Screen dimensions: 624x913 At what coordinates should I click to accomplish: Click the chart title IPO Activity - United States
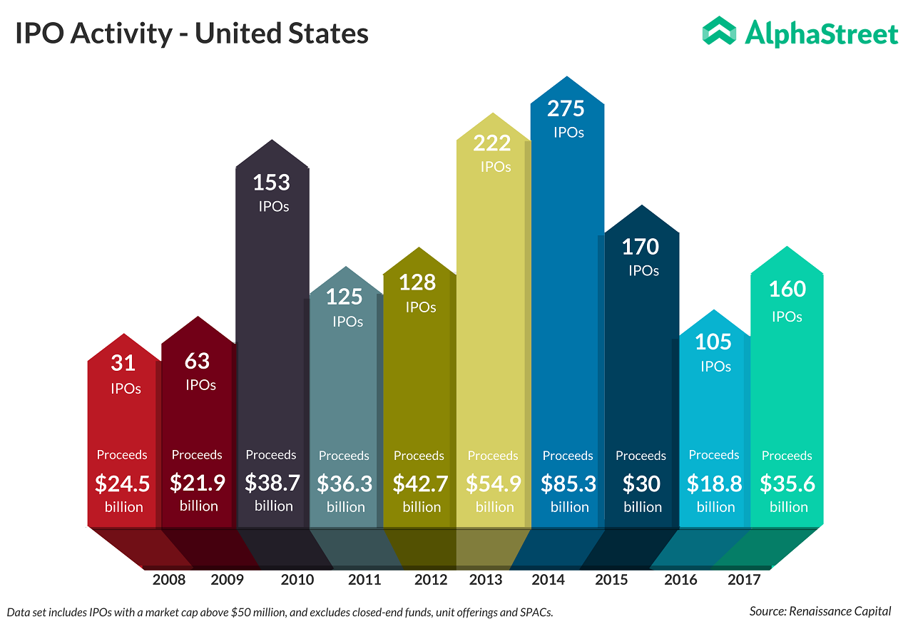192,34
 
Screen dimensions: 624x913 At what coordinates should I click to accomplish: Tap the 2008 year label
169,579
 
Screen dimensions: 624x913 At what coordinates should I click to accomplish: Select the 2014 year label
549,579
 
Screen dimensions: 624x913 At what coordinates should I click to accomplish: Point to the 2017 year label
744,579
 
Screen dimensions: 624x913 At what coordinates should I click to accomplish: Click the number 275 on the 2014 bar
566,108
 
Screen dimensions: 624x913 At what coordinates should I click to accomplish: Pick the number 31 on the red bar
123,363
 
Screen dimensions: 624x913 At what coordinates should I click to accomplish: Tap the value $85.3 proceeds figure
568,484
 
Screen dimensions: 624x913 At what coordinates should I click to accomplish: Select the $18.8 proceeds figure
715,484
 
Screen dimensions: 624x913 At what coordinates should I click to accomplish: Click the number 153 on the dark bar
272,183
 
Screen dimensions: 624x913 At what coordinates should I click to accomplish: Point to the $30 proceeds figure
641,484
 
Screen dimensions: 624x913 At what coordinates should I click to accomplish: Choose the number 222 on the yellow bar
492,143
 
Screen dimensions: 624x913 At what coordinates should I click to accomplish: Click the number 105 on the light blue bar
713,342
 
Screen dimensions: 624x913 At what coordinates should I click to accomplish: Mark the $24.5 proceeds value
123,484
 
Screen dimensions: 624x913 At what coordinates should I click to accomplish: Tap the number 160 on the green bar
787,289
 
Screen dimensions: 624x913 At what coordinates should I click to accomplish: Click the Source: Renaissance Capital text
820,611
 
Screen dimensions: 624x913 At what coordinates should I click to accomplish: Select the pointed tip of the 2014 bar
567,77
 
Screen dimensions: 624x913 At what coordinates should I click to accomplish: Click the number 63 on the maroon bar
198,361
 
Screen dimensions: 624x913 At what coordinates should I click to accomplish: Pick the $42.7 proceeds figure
421,484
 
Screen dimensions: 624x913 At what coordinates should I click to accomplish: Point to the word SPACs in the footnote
535,612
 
